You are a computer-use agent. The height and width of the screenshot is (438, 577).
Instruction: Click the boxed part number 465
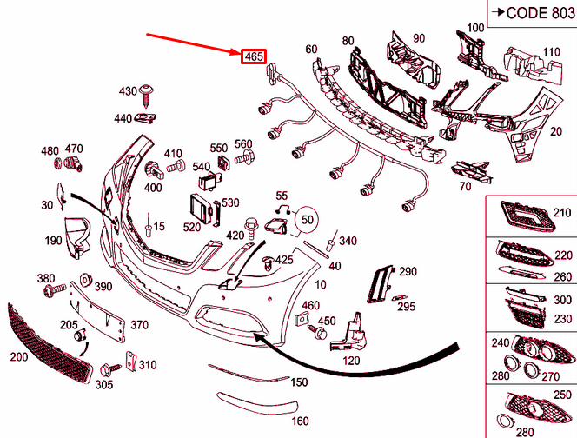tap(253, 56)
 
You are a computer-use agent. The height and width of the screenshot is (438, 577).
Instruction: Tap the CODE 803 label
tap(530, 12)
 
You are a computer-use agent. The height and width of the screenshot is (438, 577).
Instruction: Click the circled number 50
tap(308, 221)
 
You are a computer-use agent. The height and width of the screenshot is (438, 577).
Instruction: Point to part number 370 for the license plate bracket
tap(139, 324)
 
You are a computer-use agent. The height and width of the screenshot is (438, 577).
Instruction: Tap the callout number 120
tap(351, 360)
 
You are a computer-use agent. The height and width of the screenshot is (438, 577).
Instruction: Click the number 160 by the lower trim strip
tap(300, 421)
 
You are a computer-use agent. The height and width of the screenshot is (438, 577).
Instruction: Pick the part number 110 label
tap(552, 51)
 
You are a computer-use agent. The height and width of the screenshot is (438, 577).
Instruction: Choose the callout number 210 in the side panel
tap(563, 212)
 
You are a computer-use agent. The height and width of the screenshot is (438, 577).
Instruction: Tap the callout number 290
tap(408, 272)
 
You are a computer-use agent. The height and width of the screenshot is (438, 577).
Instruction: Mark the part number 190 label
tap(54, 241)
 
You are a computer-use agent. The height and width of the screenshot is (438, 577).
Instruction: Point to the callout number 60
tap(311, 50)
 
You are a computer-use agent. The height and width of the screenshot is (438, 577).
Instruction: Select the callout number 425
tap(284, 260)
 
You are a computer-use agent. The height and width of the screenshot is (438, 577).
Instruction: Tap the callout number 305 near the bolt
tap(104, 384)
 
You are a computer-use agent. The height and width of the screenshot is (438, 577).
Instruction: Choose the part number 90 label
tap(418, 38)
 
